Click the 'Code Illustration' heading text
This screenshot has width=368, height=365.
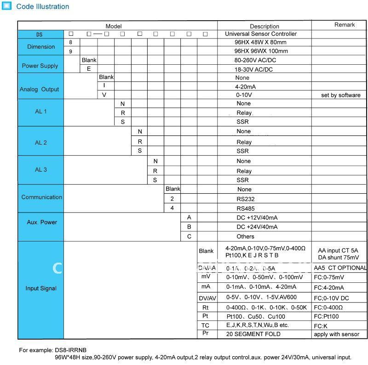[42, 6]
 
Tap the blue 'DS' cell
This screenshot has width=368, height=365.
[40, 34]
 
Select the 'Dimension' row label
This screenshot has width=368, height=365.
[41, 47]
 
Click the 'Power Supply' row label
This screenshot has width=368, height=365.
[40, 66]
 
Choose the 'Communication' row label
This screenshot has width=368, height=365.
[41, 197]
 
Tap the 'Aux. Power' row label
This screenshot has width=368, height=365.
[42, 222]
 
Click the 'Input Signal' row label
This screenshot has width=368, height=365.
[41, 288]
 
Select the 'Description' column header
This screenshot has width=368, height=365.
[264, 26]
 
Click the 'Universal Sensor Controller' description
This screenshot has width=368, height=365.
[261, 34]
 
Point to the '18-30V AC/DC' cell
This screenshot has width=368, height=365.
[253, 69]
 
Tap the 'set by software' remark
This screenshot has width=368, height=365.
[340, 95]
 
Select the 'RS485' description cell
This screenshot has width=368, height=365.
[246, 208]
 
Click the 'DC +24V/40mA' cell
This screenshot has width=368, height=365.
[257, 227]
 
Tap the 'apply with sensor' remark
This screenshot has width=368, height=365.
[336, 334]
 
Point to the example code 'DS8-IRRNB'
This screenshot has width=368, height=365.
[71, 350]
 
